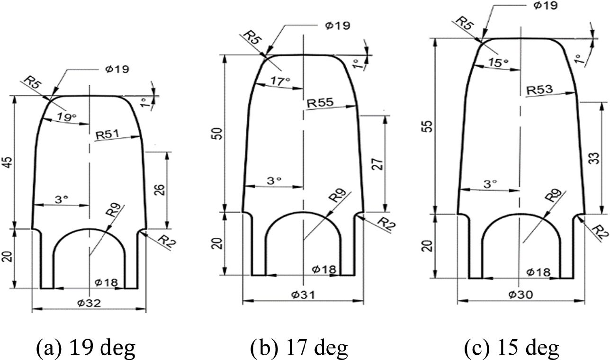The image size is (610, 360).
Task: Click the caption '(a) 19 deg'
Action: point(86,349)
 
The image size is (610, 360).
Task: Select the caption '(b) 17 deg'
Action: point(299,349)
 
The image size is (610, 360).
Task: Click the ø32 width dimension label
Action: point(90,302)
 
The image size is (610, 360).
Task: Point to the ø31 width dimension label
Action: point(303,294)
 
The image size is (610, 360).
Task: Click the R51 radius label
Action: point(107,135)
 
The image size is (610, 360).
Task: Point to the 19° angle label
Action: point(67,117)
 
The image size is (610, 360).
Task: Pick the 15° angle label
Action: point(498,62)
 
